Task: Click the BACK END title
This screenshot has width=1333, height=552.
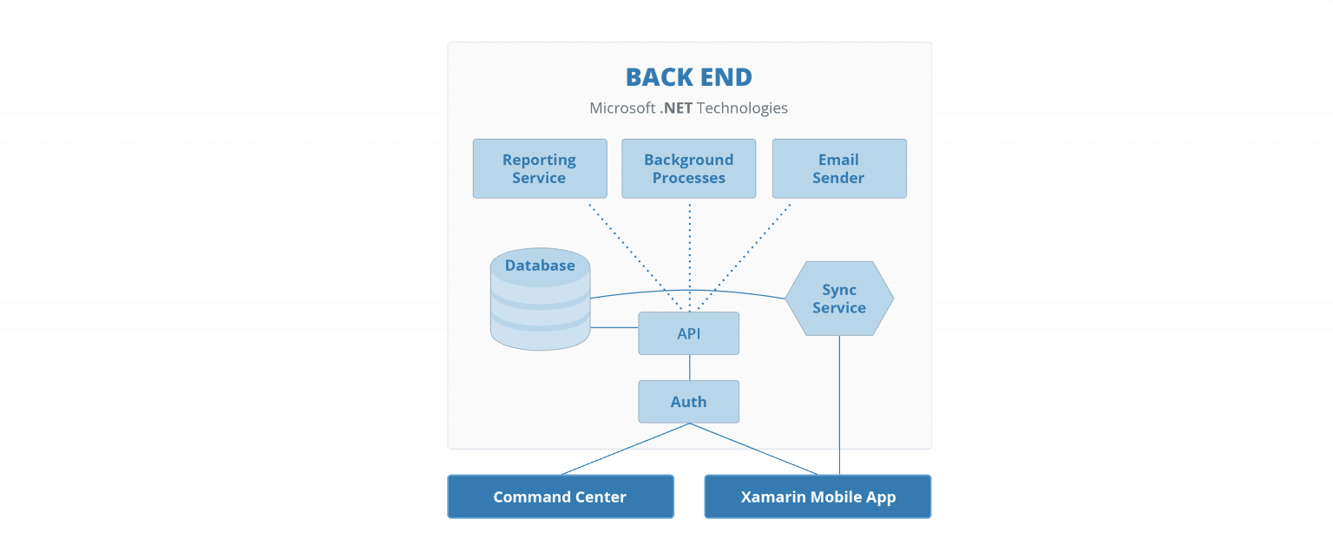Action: pyautogui.click(x=688, y=77)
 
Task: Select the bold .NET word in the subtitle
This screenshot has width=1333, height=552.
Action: pyautogui.click(x=675, y=108)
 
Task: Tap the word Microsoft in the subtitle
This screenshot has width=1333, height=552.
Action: pyautogui.click(x=622, y=108)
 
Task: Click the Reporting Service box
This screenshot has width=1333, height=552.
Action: pyautogui.click(x=539, y=168)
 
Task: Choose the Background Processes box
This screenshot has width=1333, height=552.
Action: pyautogui.click(x=688, y=168)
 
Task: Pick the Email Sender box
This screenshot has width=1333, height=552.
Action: pyautogui.click(x=838, y=168)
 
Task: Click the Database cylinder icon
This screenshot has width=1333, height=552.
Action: pyautogui.click(x=540, y=300)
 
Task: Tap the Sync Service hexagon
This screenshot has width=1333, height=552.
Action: pyautogui.click(x=839, y=299)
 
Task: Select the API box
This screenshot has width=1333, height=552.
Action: pyautogui.click(x=688, y=333)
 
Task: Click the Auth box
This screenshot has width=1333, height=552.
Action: pyautogui.click(x=688, y=402)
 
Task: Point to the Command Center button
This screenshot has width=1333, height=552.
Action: pyautogui.click(x=560, y=497)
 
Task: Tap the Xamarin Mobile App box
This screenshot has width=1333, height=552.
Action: pyautogui.click(x=818, y=497)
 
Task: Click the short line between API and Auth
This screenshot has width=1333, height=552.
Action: pyautogui.click(x=689, y=367)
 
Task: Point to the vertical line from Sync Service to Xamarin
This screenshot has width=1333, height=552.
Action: pyautogui.click(x=838, y=399)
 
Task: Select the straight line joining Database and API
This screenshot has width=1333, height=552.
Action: pyautogui.click(x=614, y=327)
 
